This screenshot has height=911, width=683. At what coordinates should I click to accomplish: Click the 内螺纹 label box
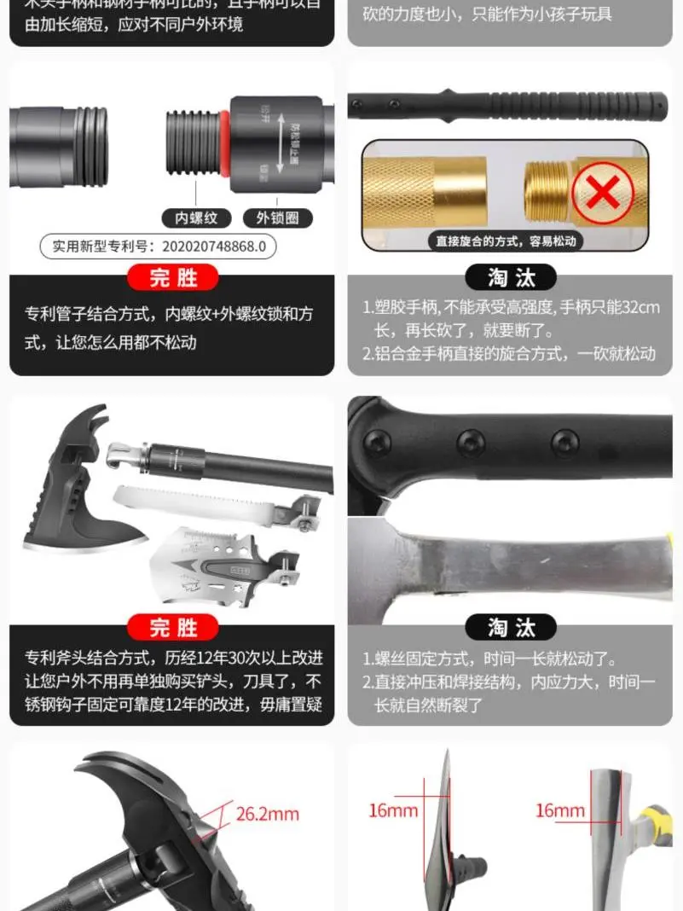pos(196,218)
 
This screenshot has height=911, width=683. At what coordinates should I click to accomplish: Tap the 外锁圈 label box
pos(277,218)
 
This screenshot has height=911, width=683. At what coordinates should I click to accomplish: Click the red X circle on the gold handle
pos(603,193)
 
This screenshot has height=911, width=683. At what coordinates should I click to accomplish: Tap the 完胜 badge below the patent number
pos(172,277)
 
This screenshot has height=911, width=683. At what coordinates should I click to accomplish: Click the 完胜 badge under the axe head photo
pos(172,628)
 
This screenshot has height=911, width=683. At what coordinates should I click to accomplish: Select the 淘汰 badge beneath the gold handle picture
pos(510,277)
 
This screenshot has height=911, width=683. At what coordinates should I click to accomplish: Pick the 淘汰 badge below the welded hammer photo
pos(510,628)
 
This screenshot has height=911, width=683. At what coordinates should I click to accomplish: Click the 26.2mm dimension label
pos(267,814)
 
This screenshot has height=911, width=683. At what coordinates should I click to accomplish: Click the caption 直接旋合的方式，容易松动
pos(506,241)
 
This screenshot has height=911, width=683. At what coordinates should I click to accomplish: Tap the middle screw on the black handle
pos(470,442)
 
